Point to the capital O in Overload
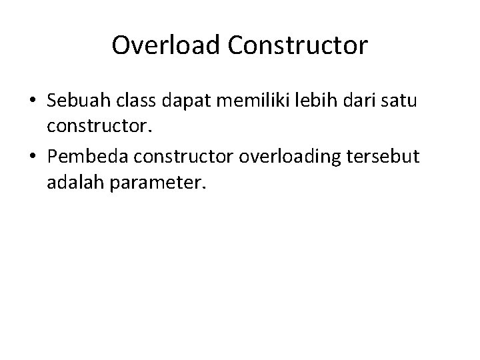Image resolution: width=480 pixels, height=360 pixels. (x=121, y=46)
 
